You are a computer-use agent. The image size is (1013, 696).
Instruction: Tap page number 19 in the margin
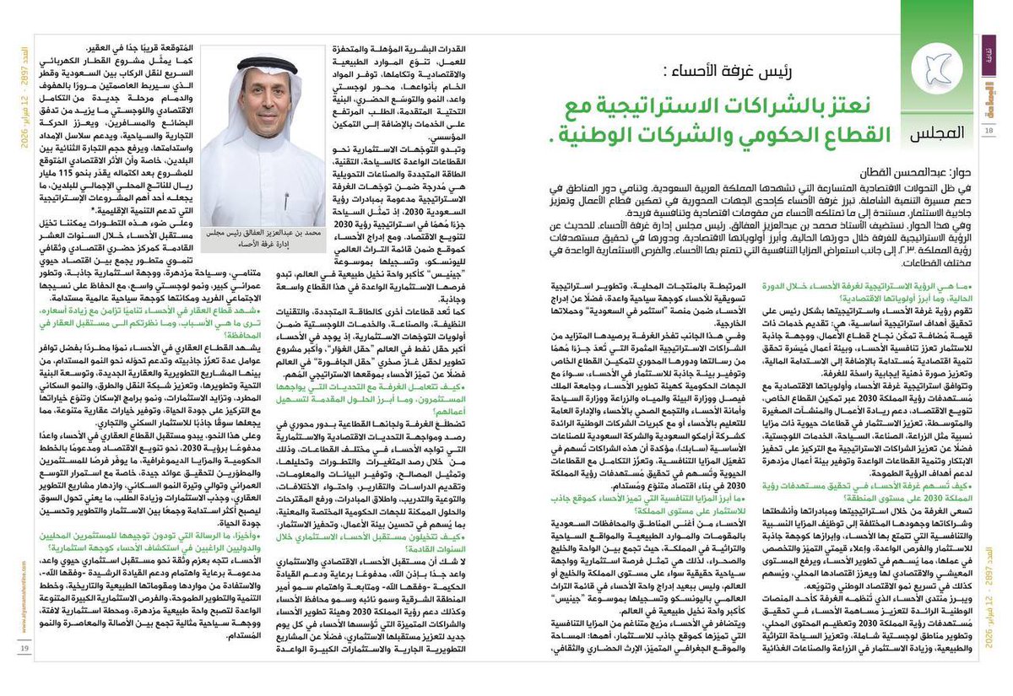point(25,671)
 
